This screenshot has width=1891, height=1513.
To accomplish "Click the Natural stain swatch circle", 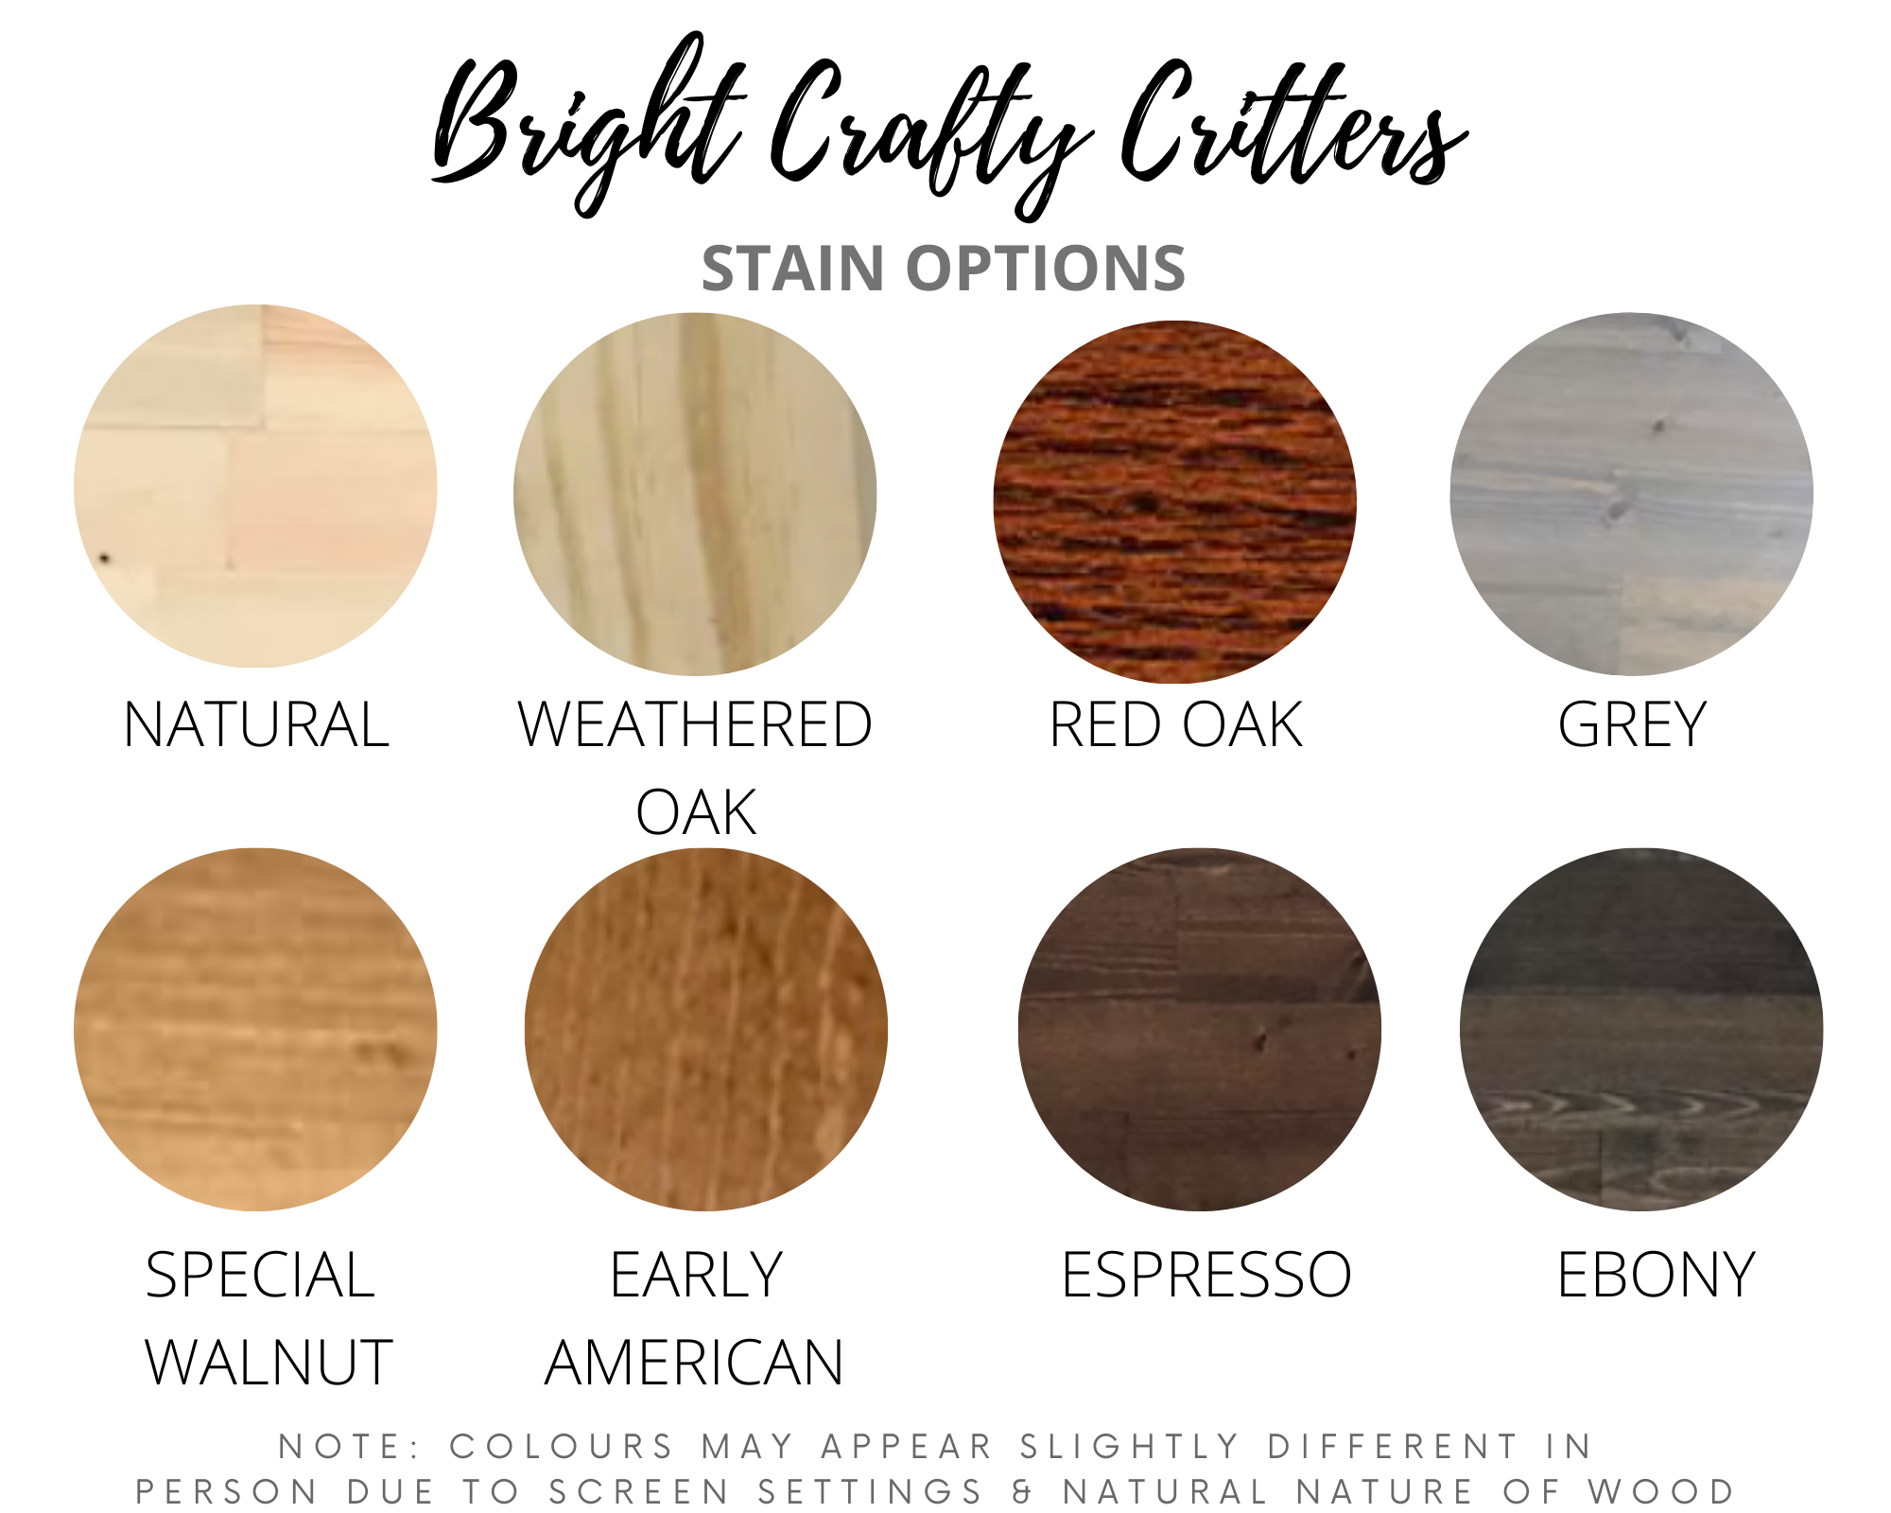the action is point(255,486).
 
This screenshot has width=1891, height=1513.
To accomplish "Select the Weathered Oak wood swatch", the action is point(695,494).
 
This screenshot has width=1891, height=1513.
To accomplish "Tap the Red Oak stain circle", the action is point(1174,502).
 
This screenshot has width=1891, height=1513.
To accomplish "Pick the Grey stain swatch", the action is point(1632,494).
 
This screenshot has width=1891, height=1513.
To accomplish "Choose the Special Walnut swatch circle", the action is point(255,1029).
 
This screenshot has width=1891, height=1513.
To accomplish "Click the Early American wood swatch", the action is point(706,1029).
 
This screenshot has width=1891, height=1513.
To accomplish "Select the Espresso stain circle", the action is point(1200,1029).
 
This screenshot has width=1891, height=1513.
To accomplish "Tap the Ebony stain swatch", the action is point(1641,1029).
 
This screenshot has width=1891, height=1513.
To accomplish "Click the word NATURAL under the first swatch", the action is point(256,725).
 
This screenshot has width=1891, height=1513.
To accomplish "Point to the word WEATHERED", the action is point(695,725).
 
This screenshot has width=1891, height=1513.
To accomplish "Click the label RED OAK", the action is point(1176,725).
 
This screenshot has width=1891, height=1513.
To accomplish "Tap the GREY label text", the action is point(1632,725).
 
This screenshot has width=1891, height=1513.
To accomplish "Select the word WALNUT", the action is point(269,1363).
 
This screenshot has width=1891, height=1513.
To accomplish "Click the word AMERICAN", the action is point(694,1363).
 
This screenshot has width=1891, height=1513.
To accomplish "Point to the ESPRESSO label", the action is point(1206,1275).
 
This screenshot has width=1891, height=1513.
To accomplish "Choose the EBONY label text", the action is point(1656,1275).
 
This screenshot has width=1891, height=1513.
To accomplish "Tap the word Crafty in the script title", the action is point(931,132).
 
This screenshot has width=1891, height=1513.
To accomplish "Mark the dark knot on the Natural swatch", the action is point(104,559).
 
